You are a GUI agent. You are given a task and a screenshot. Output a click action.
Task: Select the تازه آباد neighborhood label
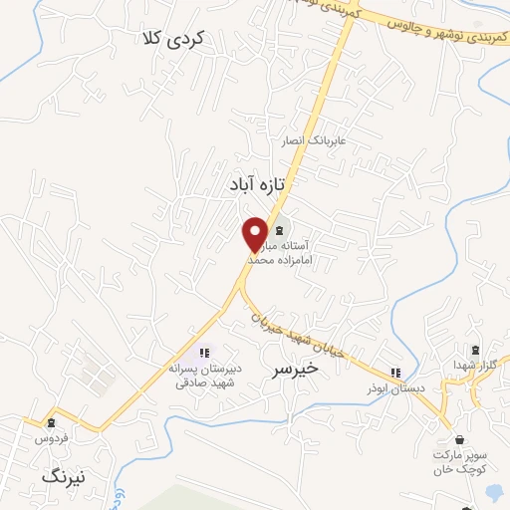(257, 185)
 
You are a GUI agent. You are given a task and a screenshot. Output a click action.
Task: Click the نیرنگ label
(65, 477)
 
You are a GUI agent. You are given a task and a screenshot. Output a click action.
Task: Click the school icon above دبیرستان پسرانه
(204, 352)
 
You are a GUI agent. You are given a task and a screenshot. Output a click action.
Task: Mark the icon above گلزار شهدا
(475, 350)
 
